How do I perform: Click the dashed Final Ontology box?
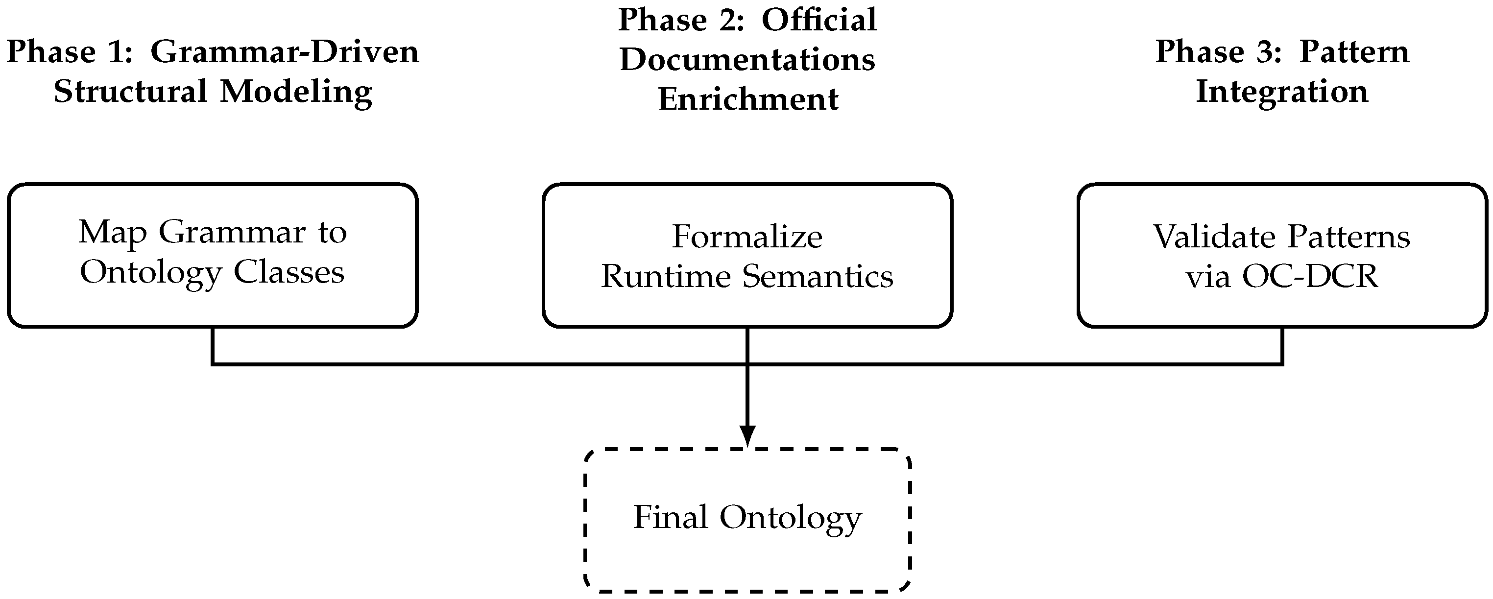(x=747, y=520)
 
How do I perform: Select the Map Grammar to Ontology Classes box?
(x=213, y=255)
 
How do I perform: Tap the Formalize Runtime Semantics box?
(x=747, y=255)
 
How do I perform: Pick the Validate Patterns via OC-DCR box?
(x=1281, y=255)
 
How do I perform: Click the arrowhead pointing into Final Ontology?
(x=747, y=435)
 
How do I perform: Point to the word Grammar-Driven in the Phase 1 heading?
(x=285, y=52)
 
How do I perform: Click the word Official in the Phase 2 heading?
(x=819, y=20)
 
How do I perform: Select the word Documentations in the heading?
(x=747, y=60)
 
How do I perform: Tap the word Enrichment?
(x=747, y=99)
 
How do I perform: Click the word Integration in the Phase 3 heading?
(x=1282, y=92)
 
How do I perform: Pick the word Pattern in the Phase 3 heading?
(x=1354, y=52)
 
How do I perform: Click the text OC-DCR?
(x=1309, y=276)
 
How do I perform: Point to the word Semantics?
(x=818, y=276)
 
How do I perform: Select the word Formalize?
(x=747, y=237)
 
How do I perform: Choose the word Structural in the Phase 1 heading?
(x=130, y=92)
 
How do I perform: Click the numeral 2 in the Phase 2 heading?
(x=731, y=20)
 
